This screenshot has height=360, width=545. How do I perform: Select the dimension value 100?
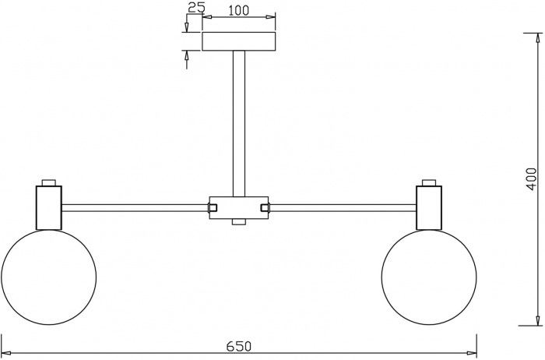point(238,11)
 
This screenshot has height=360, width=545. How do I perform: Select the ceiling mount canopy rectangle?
point(238,41)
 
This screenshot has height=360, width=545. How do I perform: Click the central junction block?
point(238,207)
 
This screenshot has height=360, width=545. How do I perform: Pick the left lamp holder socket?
point(48,208)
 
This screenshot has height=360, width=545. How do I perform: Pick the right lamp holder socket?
point(429,208)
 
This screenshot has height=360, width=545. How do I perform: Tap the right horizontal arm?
point(343,208)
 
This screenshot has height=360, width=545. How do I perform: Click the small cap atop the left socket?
point(48,184)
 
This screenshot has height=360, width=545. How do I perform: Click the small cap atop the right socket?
point(429,184)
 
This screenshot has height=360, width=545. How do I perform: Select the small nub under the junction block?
point(238,223)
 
